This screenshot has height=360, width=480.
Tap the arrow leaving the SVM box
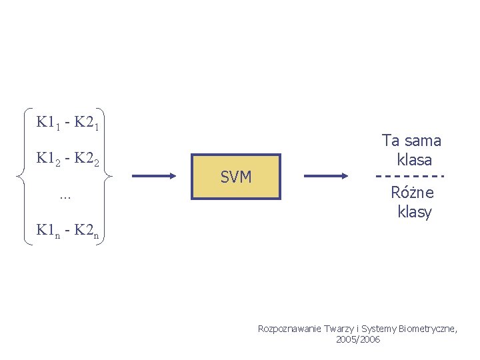click(x=326, y=176)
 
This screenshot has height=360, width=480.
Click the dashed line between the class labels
click(x=411, y=176)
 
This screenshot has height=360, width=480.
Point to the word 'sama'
click(x=422, y=141)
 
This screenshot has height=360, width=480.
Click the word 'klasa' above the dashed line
click(x=414, y=160)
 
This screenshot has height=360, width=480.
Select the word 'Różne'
click(x=413, y=193)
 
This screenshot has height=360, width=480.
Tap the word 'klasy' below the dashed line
click(x=414, y=213)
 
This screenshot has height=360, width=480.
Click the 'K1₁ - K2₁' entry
click(x=68, y=123)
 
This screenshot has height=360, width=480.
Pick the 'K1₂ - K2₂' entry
click(x=68, y=159)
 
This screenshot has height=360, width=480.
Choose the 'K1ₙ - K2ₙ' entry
click(x=68, y=231)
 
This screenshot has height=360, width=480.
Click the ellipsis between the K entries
click(x=65, y=196)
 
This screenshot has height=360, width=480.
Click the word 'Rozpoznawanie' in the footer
click(x=289, y=329)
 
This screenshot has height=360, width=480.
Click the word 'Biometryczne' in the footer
click(x=429, y=329)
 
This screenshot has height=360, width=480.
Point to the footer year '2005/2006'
click(x=359, y=339)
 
